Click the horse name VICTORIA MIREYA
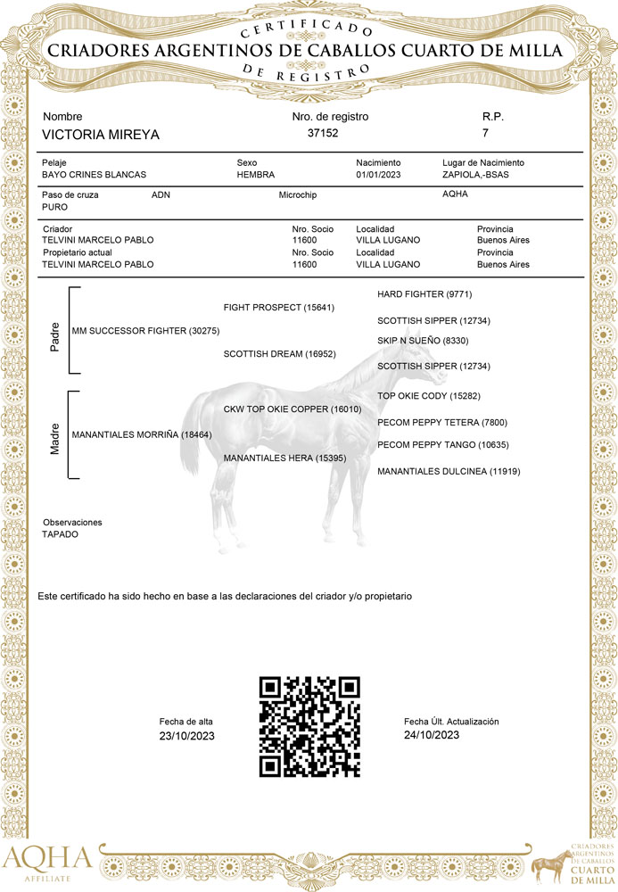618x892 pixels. (x=101, y=135)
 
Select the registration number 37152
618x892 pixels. (x=323, y=133)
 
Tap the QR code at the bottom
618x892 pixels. (x=309, y=727)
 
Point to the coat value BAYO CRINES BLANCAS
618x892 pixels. (x=95, y=175)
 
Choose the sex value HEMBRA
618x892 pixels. (x=256, y=175)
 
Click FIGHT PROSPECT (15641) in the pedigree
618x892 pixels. (x=279, y=308)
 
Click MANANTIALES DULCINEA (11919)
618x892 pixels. (x=449, y=471)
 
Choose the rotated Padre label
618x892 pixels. (x=54, y=337)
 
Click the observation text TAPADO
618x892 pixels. (x=61, y=533)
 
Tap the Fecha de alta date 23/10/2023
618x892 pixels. (x=187, y=736)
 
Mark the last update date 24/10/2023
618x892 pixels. (x=432, y=735)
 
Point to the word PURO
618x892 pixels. (x=55, y=206)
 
